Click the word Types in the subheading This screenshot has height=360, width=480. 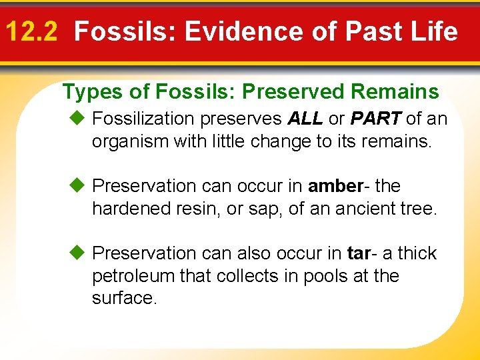tap(87, 91)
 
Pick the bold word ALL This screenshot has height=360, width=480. tap(305, 119)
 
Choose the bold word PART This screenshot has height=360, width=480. tap(375, 119)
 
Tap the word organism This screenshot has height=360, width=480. tap(129, 141)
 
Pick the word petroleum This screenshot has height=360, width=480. tap(133, 276)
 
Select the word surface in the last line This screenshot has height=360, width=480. tap(123, 298)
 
